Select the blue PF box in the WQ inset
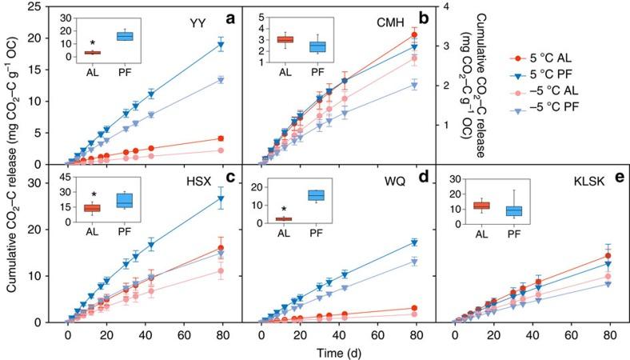(317, 195)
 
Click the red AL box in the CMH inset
(285, 39)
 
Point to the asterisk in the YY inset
(94, 42)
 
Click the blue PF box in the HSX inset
(124, 200)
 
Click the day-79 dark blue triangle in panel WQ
(414, 242)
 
